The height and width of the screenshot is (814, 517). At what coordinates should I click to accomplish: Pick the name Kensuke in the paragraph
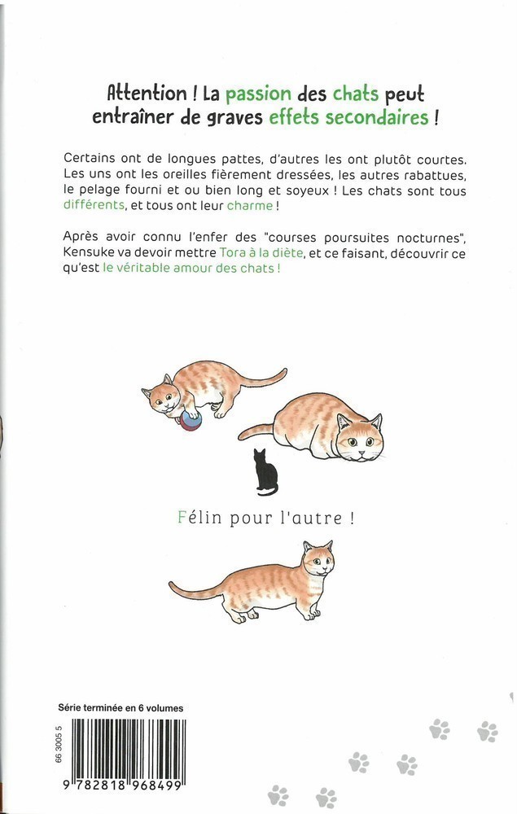(x=88, y=255)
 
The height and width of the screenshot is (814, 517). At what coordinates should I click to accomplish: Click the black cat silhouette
(x=264, y=473)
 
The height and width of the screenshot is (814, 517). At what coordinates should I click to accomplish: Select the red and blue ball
(x=191, y=420)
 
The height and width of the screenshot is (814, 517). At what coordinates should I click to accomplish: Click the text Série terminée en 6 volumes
(x=121, y=709)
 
